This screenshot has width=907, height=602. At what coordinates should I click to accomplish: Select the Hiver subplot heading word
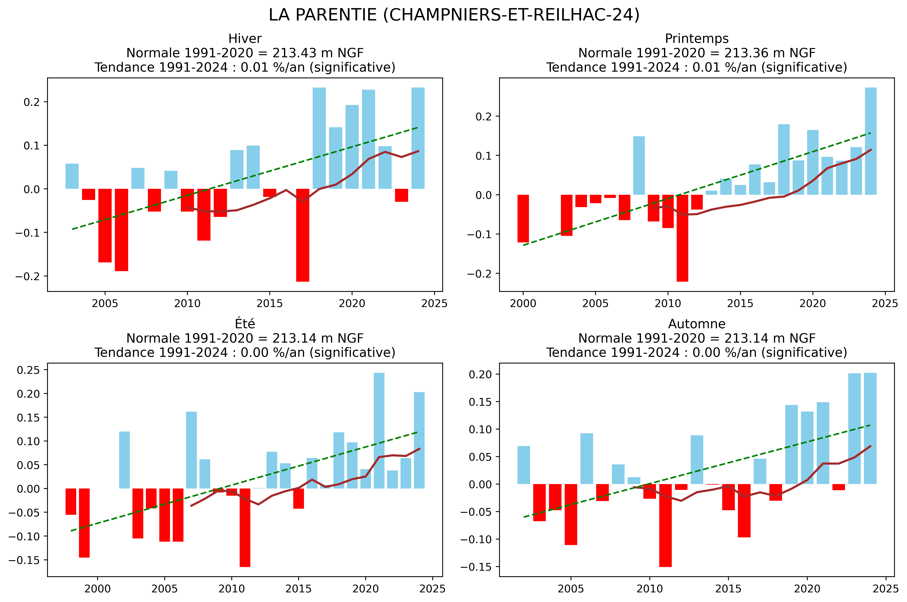click(x=245, y=39)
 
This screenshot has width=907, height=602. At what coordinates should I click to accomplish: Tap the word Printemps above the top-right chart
click(x=697, y=39)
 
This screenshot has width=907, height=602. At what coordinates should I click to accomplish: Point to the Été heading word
click(x=245, y=324)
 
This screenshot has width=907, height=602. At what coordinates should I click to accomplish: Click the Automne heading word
click(x=697, y=324)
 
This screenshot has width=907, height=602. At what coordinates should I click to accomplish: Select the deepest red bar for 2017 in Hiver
click(x=302, y=235)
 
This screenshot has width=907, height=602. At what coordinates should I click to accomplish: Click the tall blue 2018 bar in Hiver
click(x=319, y=138)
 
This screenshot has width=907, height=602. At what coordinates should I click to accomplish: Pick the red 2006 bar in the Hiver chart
click(x=121, y=230)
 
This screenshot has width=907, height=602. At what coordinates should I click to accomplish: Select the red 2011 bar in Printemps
click(x=682, y=238)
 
